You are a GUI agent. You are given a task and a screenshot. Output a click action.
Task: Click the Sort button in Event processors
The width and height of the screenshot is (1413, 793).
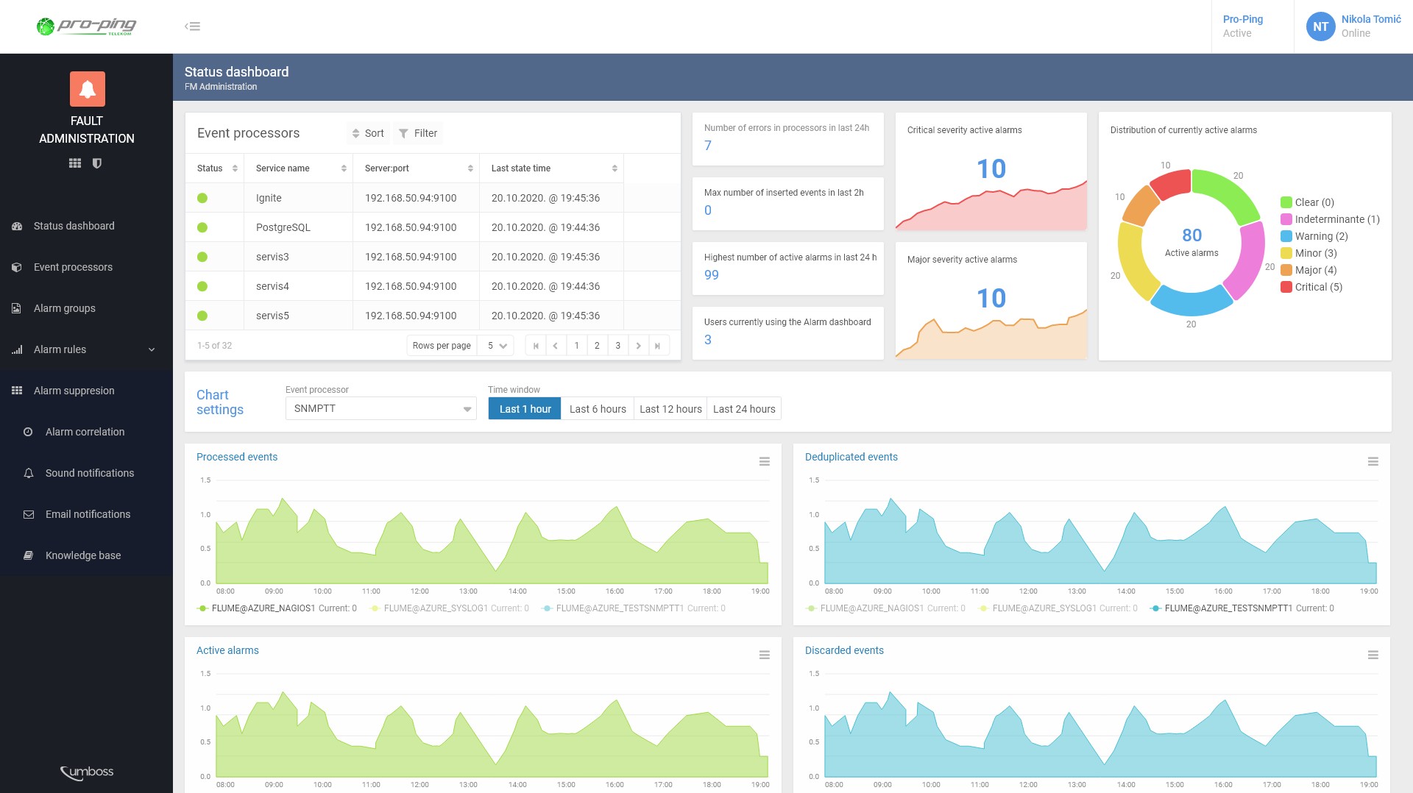click(367, 133)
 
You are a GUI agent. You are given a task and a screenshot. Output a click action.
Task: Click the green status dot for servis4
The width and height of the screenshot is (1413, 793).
click(202, 286)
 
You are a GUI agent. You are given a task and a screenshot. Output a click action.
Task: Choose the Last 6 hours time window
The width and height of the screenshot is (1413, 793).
click(597, 409)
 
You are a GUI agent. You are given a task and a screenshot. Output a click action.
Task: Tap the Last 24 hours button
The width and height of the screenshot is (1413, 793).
click(743, 409)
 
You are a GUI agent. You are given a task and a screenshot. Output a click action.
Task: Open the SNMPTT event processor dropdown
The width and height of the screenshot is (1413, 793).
click(380, 409)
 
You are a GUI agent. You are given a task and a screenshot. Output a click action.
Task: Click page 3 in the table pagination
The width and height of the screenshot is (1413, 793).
click(617, 346)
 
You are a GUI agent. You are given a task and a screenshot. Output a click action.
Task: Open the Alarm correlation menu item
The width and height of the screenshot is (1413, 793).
click(85, 432)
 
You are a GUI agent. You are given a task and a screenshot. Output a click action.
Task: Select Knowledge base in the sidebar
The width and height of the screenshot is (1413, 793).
click(82, 555)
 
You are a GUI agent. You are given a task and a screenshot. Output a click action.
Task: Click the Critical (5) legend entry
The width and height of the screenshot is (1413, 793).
click(1317, 287)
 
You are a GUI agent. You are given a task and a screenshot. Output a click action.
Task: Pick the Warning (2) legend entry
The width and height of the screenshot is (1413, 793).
click(1320, 236)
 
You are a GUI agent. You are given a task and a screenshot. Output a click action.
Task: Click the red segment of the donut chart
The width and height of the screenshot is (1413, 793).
click(1170, 184)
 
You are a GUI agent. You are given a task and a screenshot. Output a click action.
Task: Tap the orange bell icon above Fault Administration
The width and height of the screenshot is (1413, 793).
click(87, 89)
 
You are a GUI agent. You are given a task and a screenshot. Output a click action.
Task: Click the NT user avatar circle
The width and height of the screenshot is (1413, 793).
click(1320, 26)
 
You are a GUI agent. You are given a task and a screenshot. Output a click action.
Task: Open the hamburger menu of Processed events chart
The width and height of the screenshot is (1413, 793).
click(764, 462)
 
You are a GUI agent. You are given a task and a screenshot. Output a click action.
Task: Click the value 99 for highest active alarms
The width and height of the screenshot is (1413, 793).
click(711, 275)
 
